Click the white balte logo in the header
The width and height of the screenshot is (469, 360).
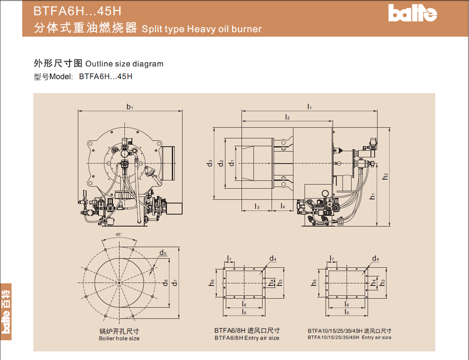coord(412,13)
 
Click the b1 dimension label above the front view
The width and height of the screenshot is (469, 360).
coord(130,107)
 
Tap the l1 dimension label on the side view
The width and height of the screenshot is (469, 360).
coord(310,107)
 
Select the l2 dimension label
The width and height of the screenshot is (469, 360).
coord(287,117)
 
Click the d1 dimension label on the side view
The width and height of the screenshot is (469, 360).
coord(231,163)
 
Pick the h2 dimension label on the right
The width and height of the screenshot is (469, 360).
coord(385,176)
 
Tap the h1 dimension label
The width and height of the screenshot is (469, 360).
coord(372,196)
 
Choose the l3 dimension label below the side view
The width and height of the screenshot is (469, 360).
coord(257,206)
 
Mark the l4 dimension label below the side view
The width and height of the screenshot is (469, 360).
coord(283,206)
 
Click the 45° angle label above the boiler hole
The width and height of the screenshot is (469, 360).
coord(119,234)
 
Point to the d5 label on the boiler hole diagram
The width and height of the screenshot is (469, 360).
coord(163,253)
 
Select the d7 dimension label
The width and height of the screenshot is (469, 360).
coord(175,282)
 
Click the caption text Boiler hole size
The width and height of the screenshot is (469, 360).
coord(119,339)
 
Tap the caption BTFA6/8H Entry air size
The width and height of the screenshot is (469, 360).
coord(247,338)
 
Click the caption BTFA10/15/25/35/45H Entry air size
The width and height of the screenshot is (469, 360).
coord(349,337)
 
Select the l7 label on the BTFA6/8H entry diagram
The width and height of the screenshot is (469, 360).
coord(229,258)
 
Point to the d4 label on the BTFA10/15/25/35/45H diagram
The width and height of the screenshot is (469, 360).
coord(376,258)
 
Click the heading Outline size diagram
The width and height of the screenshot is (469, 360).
coord(124,64)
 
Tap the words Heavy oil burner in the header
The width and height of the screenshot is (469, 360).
coord(224,29)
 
